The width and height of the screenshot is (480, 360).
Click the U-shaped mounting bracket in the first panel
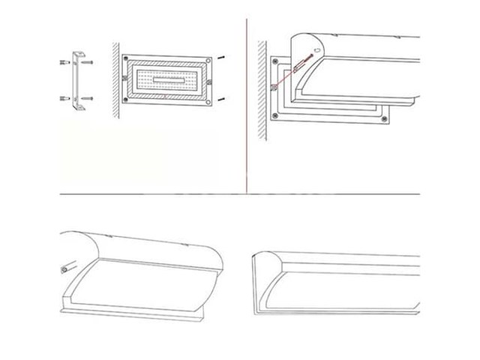point(78,81)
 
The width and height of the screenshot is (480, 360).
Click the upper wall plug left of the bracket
point(64,63)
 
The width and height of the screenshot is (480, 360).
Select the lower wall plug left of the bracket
point(64,99)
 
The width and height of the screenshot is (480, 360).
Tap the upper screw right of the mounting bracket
point(88,63)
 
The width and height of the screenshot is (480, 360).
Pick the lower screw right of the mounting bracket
point(88,98)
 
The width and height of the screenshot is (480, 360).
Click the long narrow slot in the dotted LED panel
point(166,79)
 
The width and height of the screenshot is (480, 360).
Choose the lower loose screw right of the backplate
point(221,100)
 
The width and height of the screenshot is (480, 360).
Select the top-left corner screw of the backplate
point(124,58)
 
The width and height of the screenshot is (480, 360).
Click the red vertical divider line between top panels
point(246,105)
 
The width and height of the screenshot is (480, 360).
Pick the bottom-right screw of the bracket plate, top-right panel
point(384,117)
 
